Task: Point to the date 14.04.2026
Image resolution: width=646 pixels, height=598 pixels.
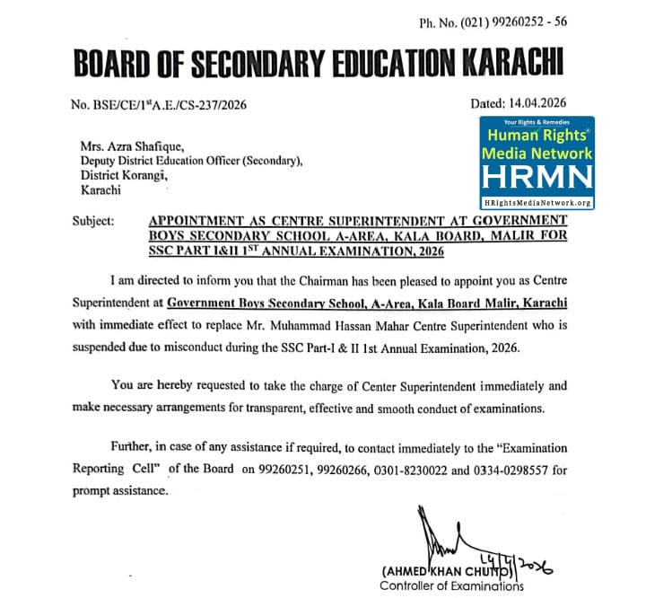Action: click(538, 103)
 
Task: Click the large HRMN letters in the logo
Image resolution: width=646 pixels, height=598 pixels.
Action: click(536, 178)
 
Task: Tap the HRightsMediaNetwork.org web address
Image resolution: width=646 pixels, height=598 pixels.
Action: click(536, 203)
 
